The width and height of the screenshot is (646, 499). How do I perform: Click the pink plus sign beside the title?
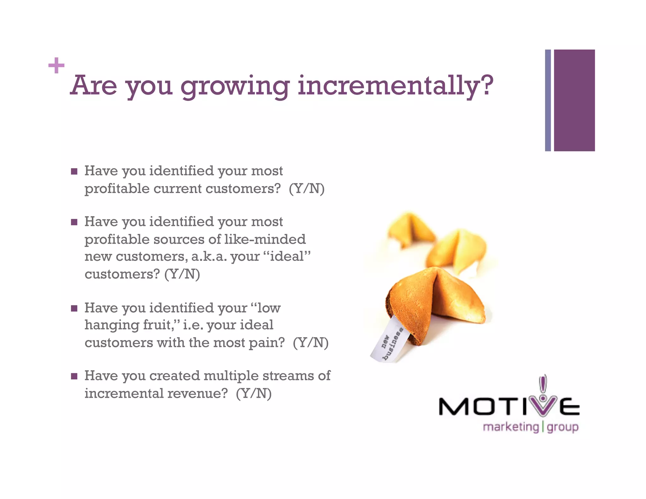pyautogui.click(x=56, y=65)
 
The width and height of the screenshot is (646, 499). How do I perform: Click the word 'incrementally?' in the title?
pyautogui.click(x=395, y=86)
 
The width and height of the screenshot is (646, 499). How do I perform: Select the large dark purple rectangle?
pyautogui.click(x=574, y=100)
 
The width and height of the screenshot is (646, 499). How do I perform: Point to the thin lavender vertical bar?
pyautogui.click(x=548, y=100)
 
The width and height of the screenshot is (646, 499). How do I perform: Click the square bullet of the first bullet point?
pyautogui.click(x=74, y=172)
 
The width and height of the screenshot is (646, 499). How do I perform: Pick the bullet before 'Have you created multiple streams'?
pyautogui.click(x=74, y=376)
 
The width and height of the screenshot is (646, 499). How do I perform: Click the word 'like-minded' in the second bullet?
pyautogui.click(x=265, y=239)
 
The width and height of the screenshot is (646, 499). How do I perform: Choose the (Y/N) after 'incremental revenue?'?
pyautogui.click(x=254, y=393)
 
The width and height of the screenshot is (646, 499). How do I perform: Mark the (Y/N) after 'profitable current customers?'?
pyautogui.click(x=307, y=189)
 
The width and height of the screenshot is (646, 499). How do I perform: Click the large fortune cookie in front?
pyautogui.click(x=435, y=303)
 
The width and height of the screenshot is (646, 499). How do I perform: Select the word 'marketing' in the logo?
pyautogui.click(x=511, y=427)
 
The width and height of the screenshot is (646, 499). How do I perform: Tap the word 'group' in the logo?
pyautogui.click(x=563, y=428)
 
